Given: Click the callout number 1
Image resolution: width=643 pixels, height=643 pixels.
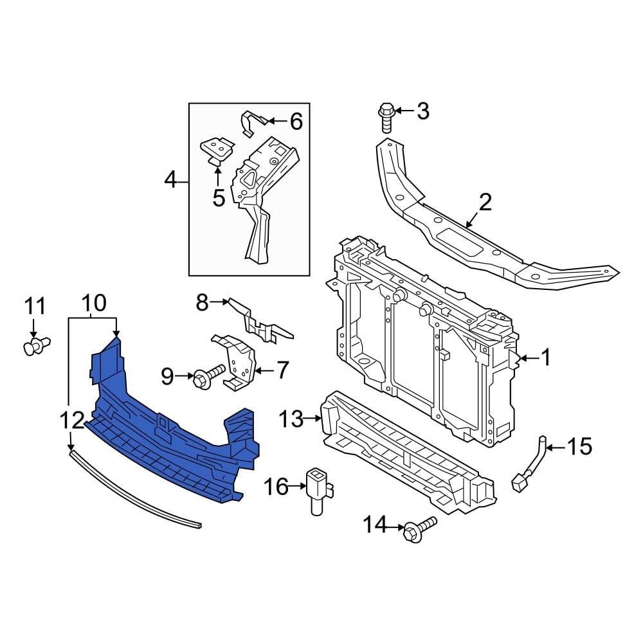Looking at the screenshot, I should (545, 358).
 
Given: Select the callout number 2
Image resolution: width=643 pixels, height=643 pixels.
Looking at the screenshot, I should (484, 203).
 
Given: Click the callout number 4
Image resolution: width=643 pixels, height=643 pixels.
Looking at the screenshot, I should (170, 180).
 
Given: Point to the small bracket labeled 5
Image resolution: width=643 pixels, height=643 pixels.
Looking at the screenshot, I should (216, 150).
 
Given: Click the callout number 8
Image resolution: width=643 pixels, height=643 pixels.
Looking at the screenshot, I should (203, 302).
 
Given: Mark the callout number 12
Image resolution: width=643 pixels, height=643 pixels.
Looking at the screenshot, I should (72, 421).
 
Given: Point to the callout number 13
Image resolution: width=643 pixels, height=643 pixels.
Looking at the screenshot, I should (291, 420).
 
